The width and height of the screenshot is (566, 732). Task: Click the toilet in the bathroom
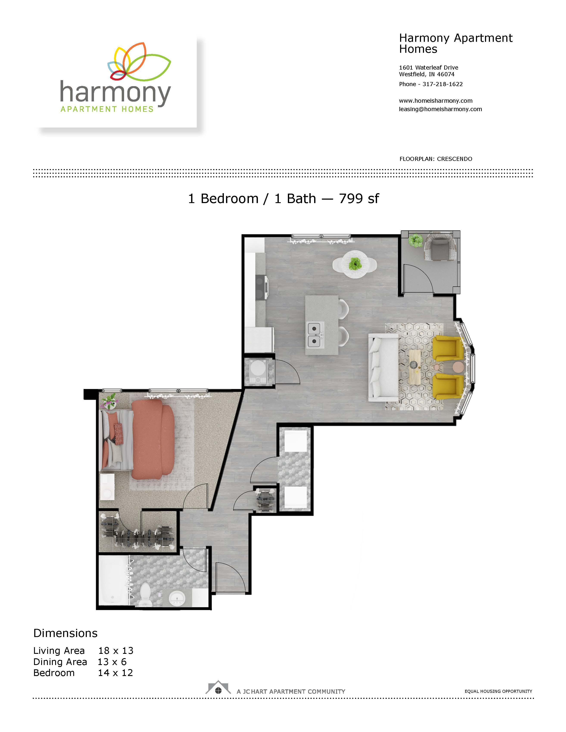(145, 595)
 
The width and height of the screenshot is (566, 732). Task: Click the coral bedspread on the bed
(153, 439)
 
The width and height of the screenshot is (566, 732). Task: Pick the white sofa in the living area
(384, 368)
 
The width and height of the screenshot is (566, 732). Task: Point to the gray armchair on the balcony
(440, 248)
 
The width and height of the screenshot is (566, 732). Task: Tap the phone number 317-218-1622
(443, 84)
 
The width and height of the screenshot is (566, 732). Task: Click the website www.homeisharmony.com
(436, 101)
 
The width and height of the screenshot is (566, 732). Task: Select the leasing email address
(440, 109)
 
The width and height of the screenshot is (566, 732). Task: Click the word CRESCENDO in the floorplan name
(454, 159)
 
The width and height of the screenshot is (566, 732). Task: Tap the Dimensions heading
(65, 633)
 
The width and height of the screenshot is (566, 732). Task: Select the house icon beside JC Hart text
(218, 688)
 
